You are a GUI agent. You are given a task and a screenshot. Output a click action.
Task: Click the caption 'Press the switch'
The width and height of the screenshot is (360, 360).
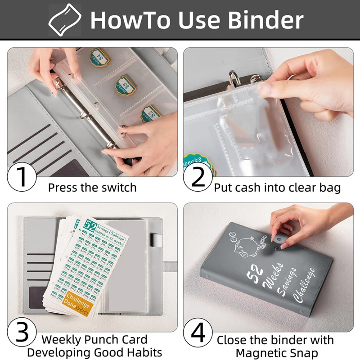click(x=92, y=187)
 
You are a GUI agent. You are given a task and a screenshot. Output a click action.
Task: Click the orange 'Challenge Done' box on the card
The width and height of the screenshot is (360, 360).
click(x=78, y=302)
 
